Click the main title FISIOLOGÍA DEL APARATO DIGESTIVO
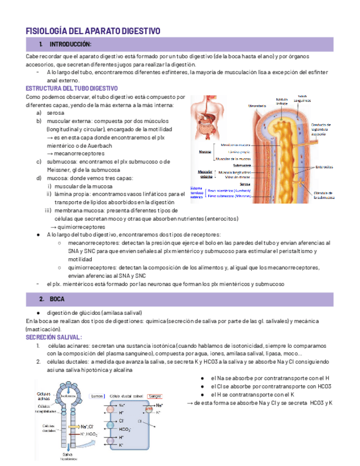pyautogui.click(x=93, y=31)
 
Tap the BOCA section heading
pyautogui.click(x=57, y=299)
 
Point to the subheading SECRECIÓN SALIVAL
pyautogui.click(x=54, y=337)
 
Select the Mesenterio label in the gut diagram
pyautogui.click(x=258, y=106)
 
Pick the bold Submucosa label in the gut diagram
pyautogui.click(x=242, y=165)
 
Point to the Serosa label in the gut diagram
pyautogui.click(x=245, y=184)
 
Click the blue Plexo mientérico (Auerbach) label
pyautogui.click(x=230, y=190)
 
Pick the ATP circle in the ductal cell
pyautogui.click(x=148, y=409)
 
